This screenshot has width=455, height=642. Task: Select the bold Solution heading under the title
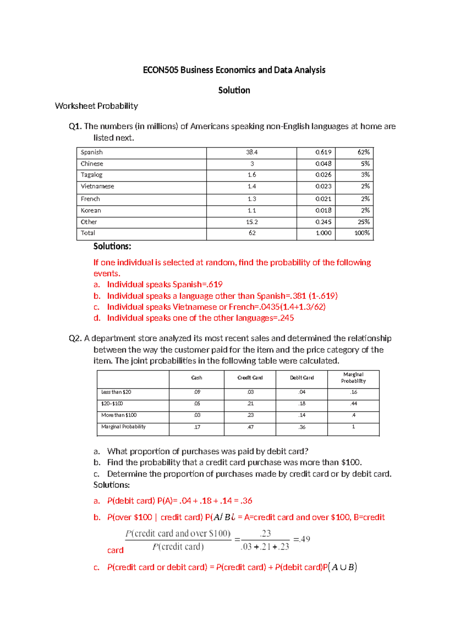tap(234, 90)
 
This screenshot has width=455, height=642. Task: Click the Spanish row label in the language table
tap(92, 152)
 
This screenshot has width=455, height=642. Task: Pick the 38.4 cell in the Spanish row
tap(252, 152)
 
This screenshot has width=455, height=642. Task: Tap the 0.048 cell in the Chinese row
tap(323, 164)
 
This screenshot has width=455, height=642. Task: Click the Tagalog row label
tap(91, 175)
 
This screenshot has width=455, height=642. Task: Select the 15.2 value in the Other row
tap(252, 222)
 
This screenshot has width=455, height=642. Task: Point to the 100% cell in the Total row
tap(362, 233)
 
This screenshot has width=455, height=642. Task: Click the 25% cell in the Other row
tap(363, 222)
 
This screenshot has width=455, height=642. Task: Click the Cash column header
tap(196, 378)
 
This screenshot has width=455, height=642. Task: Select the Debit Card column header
tap(302, 378)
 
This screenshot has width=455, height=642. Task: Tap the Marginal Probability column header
tap(353, 378)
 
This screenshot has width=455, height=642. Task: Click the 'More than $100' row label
tap(119, 415)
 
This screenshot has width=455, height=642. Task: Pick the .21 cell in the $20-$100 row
tap(250, 404)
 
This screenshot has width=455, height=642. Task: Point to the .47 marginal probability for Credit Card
tap(250, 427)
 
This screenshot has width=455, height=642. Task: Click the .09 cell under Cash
tap(197, 392)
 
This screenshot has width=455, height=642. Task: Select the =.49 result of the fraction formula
tap(302, 539)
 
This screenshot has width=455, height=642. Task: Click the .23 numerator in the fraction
tap(265, 533)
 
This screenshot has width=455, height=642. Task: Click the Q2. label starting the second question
tap(75, 338)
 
